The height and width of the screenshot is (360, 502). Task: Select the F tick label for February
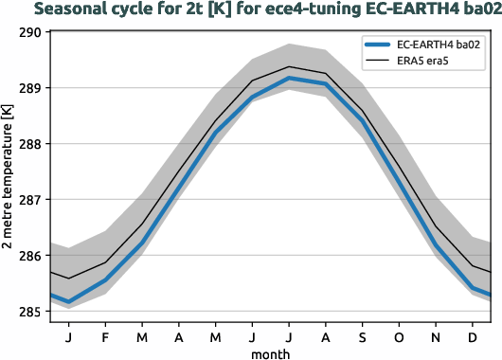tap(105, 335)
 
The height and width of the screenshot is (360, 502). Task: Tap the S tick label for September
tap(362, 335)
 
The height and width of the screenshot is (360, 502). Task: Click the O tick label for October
tap(399, 335)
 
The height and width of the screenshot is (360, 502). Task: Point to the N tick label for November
tap(436, 335)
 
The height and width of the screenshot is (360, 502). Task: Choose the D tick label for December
tap(472, 335)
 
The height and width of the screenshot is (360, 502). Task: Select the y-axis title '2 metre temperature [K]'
tap(9, 176)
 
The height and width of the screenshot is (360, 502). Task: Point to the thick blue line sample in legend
tap(376, 45)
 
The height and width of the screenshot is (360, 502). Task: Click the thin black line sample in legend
tap(376, 62)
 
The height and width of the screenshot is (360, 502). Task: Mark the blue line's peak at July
tap(289, 78)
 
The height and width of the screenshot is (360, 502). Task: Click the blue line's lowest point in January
tap(69, 301)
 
